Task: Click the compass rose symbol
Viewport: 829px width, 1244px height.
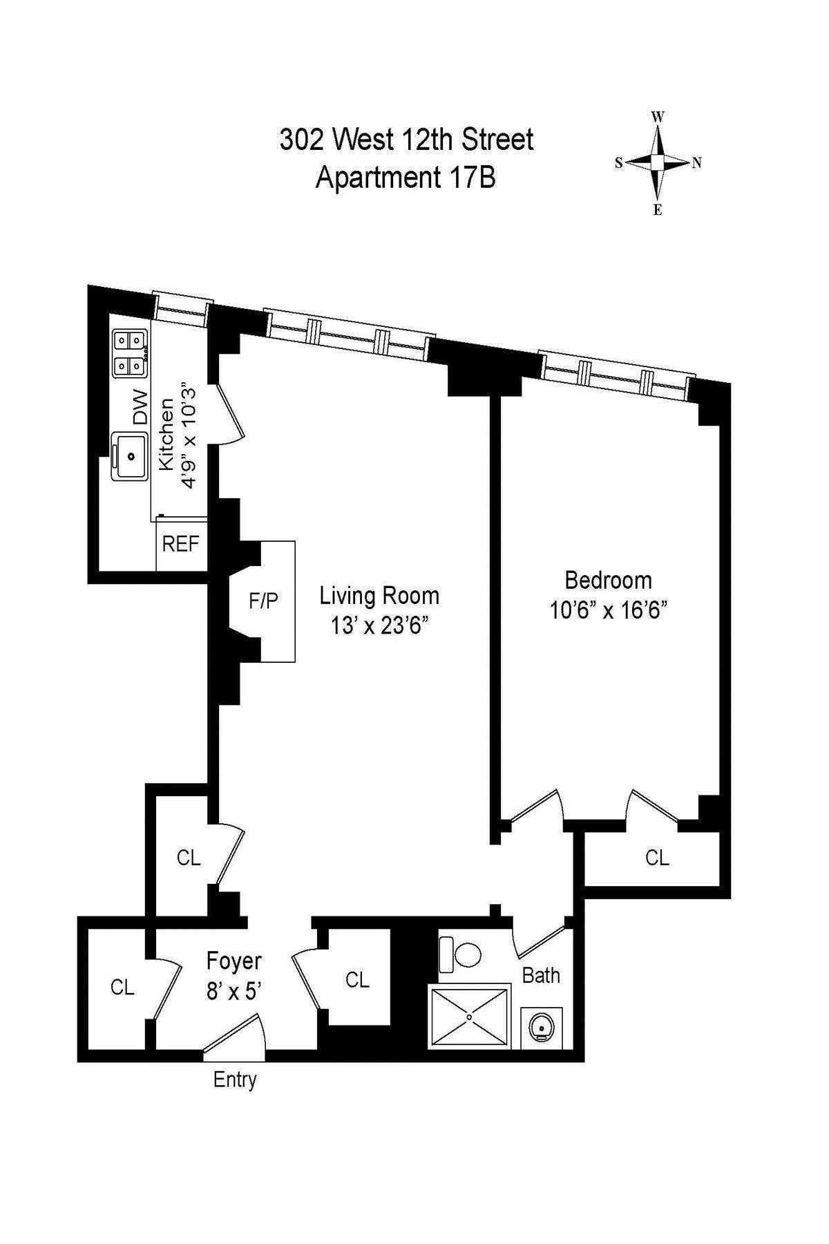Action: [658, 162]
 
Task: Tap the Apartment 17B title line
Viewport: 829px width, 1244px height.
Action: [406, 178]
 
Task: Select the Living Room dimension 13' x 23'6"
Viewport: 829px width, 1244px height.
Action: [380, 625]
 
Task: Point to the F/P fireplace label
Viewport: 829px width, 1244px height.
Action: [263, 601]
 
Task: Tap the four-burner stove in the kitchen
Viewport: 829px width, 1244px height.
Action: [130, 353]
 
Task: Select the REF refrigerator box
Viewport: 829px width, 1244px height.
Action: [181, 545]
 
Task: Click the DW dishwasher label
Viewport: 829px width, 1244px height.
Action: [140, 407]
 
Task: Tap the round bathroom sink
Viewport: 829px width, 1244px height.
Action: [541, 1028]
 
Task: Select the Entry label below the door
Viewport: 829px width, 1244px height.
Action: [235, 1080]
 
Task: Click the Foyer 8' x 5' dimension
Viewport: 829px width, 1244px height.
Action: [234, 992]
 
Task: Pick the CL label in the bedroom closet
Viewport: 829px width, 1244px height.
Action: [657, 858]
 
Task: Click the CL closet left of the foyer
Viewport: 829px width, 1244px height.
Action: [122, 988]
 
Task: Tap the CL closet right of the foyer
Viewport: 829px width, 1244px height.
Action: [357, 979]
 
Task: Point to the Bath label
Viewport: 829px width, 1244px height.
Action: [541, 975]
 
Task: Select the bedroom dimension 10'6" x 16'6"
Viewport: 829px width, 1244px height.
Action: [608, 611]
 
